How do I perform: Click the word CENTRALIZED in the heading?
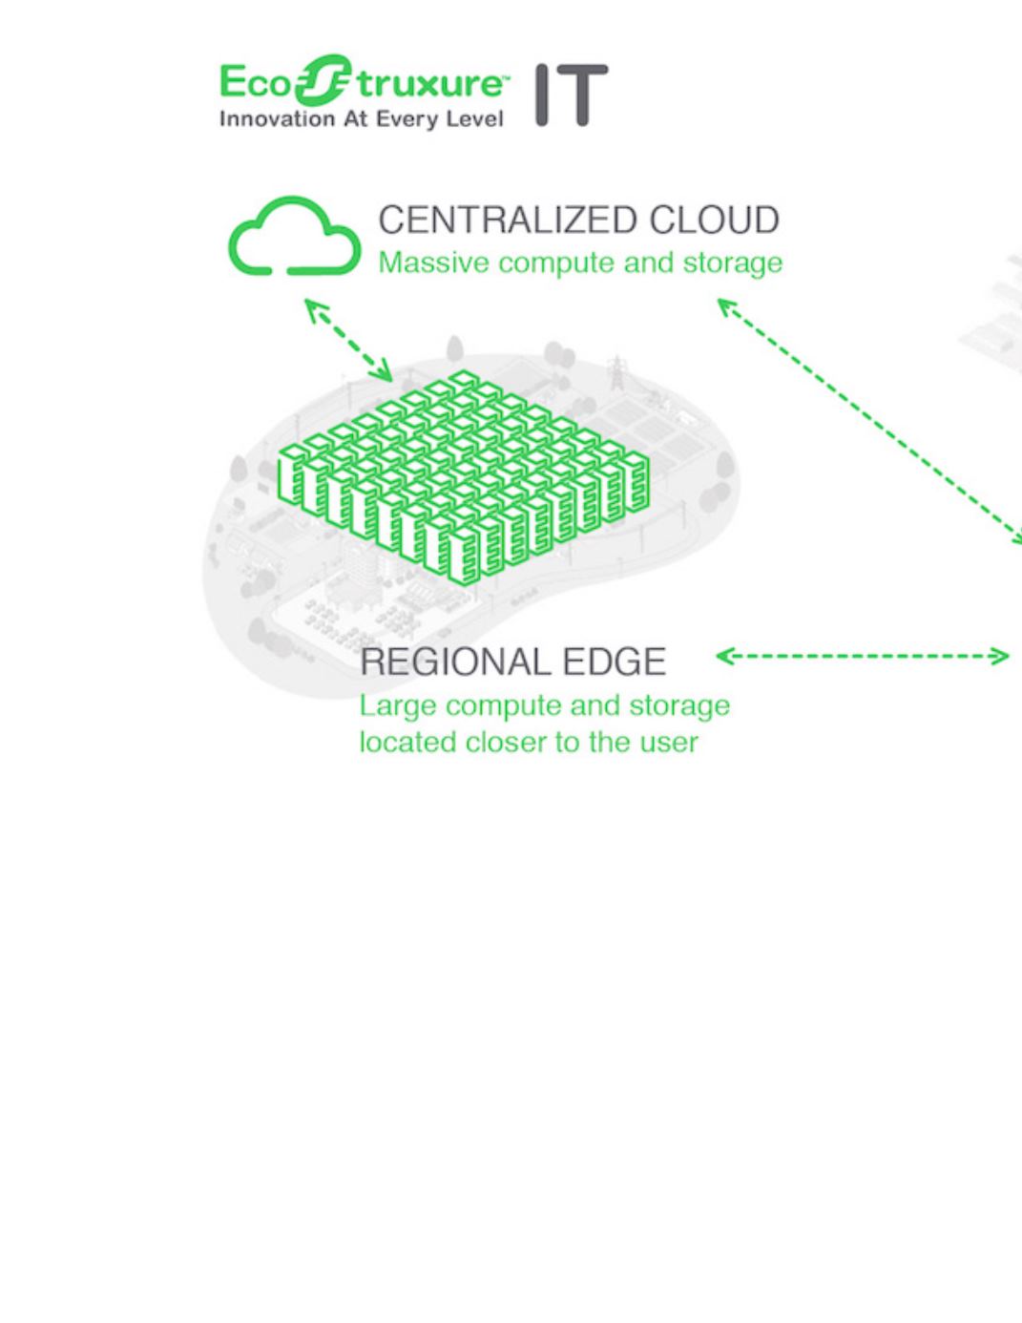[x=509, y=220]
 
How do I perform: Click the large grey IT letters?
[x=572, y=95]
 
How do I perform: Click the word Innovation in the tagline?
[x=278, y=119]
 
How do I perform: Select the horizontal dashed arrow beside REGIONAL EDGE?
[x=863, y=657]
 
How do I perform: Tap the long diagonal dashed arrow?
[x=870, y=421]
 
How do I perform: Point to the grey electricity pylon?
[x=617, y=372]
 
